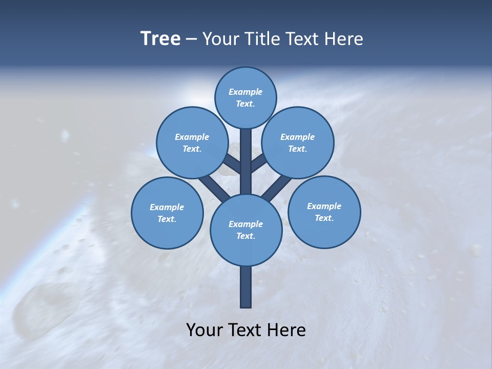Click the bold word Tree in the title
pyautogui.click(x=160, y=38)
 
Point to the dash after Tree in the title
pyautogui.click(x=191, y=39)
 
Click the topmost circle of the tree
pyautogui.click(x=245, y=97)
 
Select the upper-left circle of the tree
pyautogui.click(x=192, y=142)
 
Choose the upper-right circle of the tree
pyautogui.click(x=297, y=142)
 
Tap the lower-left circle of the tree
pyautogui.click(x=167, y=213)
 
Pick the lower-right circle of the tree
pyautogui.click(x=324, y=212)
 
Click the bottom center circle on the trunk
pyautogui.click(x=245, y=230)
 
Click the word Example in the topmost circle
pyautogui.click(x=245, y=92)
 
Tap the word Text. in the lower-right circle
pyautogui.click(x=324, y=218)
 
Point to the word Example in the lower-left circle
pyautogui.click(x=167, y=207)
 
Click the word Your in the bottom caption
pyautogui.click(x=203, y=330)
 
